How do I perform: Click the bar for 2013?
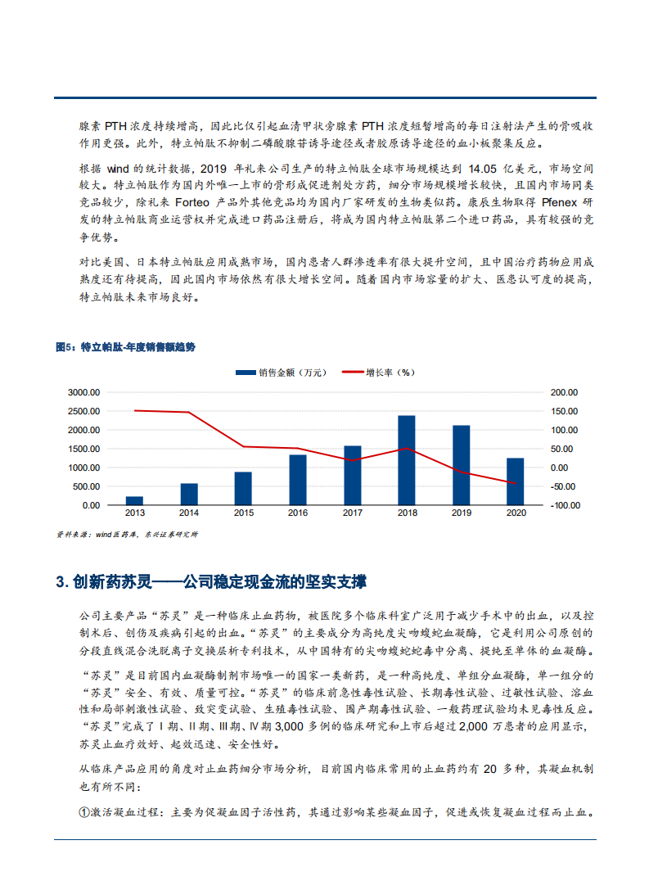pos(134,500)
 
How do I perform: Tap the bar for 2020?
pos(515,481)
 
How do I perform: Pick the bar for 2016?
pos(297,480)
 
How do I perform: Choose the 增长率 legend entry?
pos(379,373)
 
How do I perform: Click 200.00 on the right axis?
pos(565,392)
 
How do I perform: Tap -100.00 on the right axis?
pos(564,505)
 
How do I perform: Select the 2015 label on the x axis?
pos(243,513)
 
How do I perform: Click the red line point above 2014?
pos(189,412)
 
